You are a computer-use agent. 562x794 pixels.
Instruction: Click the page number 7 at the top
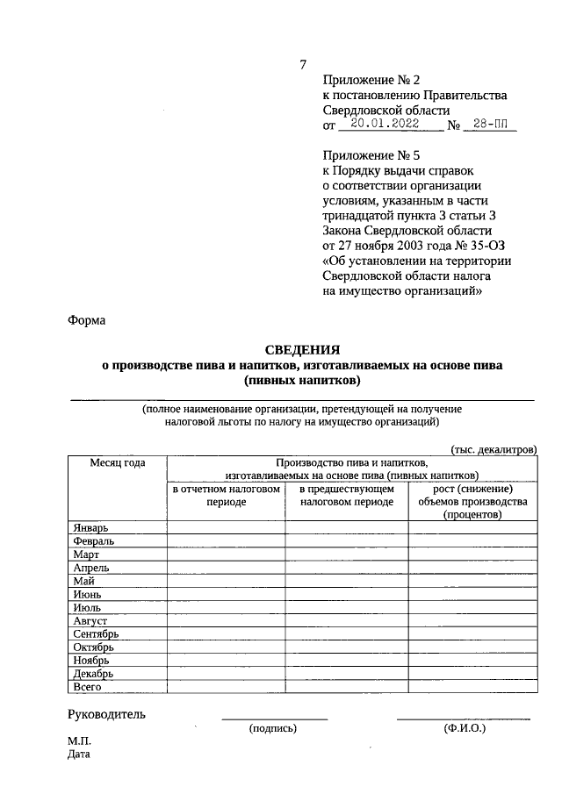(x=303, y=65)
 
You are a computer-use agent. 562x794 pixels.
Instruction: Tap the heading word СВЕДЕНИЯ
(x=302, y=350)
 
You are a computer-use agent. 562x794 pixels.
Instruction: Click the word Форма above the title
(x=86, y=320)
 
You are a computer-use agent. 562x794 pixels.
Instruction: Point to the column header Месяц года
(x=117, y=462)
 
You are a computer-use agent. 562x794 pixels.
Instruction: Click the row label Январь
(x=91, y=527)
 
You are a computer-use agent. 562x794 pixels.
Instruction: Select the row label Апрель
(x=91, y=568)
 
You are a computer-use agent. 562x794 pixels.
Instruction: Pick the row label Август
(x=90, y=620)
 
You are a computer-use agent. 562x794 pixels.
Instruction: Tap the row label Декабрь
(x=93, y=673)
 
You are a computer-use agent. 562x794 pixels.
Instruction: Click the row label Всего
(x=89, y=686)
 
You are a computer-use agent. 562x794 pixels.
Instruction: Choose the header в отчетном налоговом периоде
(x=227, y=496)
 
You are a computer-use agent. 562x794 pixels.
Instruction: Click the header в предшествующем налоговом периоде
(x=347, y=496)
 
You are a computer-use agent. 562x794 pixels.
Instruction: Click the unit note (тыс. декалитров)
(x=493, y=449)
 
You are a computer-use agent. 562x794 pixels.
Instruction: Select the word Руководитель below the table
(x=106, y=714)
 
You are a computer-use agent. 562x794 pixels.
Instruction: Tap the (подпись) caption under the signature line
(x=273, y=728)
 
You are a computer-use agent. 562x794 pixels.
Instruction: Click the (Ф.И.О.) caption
(x=465, y=728)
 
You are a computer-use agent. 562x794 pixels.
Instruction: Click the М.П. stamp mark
(x=79, y=741)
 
